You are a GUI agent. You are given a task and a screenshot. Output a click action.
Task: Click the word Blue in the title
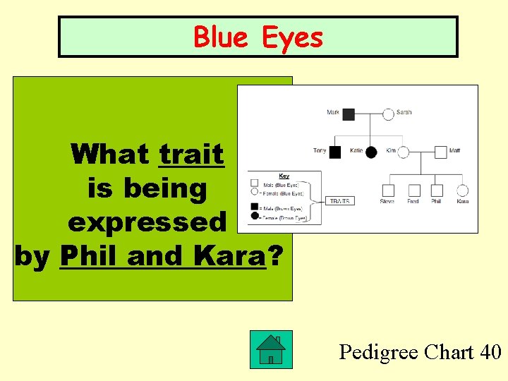click(219, 37)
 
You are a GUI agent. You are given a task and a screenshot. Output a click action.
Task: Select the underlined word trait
click(192, 154)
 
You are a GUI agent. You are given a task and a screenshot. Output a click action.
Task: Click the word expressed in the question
click(147, 222)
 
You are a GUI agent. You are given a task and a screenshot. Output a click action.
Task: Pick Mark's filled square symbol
click(348, 114)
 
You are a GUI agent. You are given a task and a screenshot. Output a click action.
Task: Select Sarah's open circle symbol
click(388, 114)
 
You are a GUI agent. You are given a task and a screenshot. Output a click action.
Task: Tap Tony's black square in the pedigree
click(335, 152)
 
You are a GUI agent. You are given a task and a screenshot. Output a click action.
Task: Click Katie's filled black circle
click(371, 152)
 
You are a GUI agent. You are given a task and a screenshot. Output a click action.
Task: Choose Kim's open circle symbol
click(404, 152)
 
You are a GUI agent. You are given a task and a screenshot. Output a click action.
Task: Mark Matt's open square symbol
click(440, 152)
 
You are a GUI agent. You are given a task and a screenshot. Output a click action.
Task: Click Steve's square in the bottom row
click(388, 190)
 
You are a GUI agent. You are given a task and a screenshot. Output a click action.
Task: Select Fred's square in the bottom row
click(413, 190)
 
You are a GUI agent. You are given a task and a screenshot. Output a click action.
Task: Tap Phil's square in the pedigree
click(437, 190)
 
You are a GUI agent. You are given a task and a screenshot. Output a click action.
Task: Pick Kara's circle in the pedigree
click(462, 190)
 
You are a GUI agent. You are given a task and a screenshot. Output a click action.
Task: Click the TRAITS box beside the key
click(341, 201)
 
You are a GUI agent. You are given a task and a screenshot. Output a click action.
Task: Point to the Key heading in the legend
click(284, 176)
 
